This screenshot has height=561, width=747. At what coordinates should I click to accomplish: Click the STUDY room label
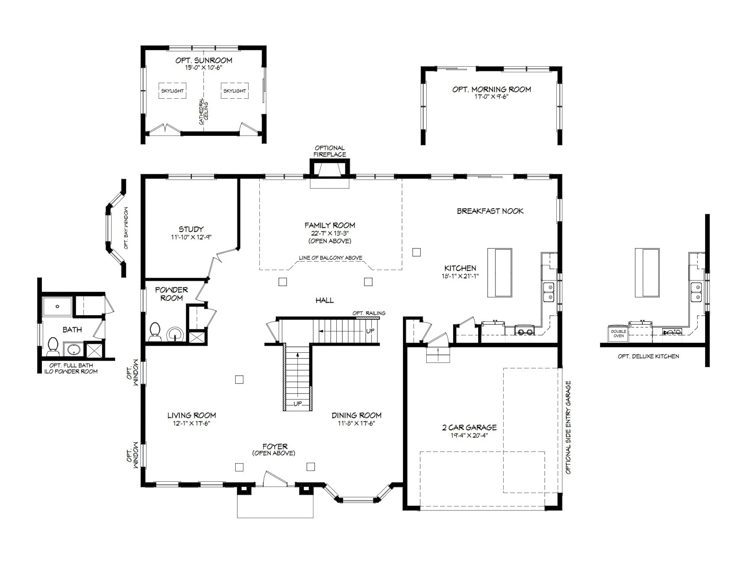tap(191, 229)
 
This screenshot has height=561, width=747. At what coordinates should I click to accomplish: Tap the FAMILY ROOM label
tap(330, 225)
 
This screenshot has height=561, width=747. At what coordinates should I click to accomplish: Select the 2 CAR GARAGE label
tap(469, 427)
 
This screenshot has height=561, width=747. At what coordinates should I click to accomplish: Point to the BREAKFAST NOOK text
tap(490, 211)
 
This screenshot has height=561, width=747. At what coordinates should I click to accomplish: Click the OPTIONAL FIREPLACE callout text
tap(330, 151)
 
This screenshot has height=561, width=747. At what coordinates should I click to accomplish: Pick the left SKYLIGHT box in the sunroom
tap(172, 91)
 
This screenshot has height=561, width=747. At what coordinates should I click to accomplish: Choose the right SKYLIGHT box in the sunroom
tap(235, 91)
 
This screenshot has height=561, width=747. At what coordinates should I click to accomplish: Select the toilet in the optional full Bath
tap(53, 345)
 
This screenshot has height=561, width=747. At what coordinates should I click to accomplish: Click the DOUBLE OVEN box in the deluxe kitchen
tap(618, 333)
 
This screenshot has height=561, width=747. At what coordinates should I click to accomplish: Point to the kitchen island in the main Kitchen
tap(500, 272)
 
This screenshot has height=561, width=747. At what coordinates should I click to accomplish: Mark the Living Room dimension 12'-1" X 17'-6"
tap(192, 423)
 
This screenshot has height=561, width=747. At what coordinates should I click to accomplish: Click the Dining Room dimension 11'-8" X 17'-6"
tap(356, 423)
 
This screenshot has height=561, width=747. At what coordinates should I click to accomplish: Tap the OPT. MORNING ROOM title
tap(492, 89)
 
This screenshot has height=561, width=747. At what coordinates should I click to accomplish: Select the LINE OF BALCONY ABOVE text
tap(330, 258)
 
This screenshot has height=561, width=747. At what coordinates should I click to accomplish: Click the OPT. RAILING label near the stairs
tap(369, 313)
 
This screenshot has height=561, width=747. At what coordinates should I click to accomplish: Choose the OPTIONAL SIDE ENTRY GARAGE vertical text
tap(568, 427)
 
